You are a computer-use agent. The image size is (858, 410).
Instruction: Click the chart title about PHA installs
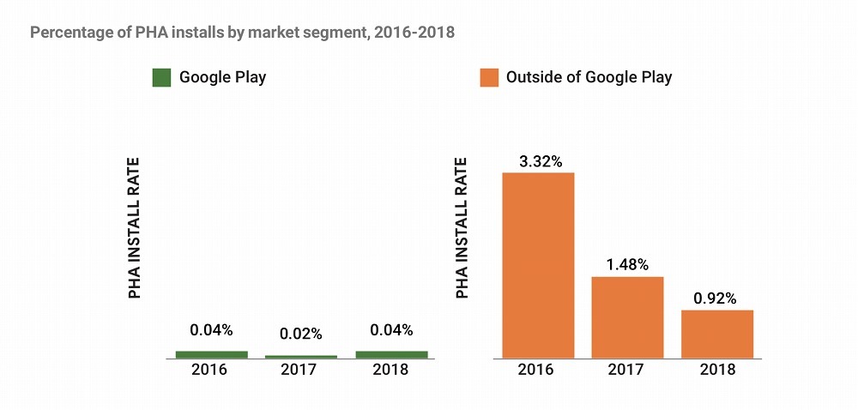242,33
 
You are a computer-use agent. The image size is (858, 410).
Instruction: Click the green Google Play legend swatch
162,77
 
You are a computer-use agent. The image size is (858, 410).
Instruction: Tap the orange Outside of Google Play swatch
489,77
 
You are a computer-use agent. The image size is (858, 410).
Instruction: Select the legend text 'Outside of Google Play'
589,77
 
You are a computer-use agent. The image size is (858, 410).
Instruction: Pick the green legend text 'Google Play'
222,77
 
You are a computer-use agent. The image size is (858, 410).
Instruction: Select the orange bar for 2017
627,317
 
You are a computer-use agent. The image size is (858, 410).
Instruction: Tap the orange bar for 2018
716,334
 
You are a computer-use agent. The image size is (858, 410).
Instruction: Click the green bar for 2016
211,354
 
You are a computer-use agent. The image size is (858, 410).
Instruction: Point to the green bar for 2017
300,356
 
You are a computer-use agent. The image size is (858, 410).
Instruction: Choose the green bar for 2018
390,354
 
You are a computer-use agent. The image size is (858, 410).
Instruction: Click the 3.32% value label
538,160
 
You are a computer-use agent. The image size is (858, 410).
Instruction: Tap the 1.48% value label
627,264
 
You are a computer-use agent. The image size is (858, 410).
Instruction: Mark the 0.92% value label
716,298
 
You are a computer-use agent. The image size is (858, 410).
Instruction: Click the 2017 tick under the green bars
300,370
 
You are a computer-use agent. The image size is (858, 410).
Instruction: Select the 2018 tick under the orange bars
716,370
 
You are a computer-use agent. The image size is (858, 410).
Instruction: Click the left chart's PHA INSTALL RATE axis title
135,228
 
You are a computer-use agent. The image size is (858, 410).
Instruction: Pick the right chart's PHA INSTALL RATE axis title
462,228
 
